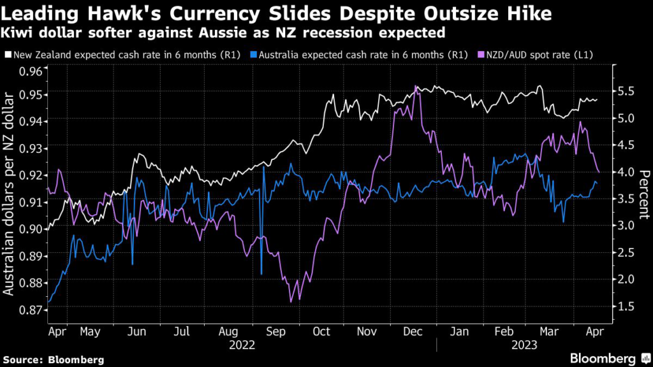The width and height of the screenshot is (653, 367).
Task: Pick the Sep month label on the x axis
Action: pyautogui.click(x=275, y=331)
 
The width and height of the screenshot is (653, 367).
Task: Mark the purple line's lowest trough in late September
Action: pyautogui.click(x=291, y=301)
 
